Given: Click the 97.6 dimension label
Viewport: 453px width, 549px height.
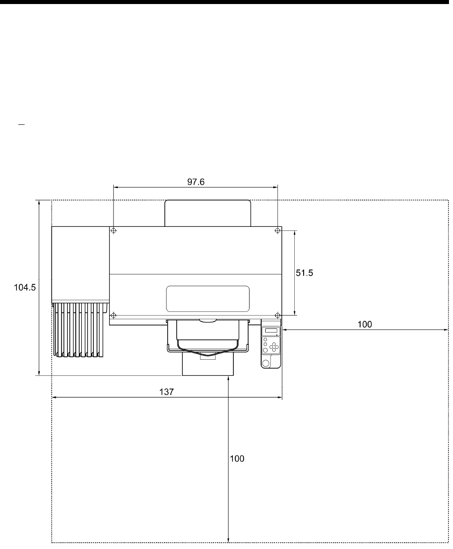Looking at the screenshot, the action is pyautogui.click(x=196, y=182).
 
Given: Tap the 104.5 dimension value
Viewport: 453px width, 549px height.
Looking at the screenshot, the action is pyautogui.click(x=25, y=288).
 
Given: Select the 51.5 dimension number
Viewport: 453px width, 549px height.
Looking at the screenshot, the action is pyautogui.click(x=304, y=273).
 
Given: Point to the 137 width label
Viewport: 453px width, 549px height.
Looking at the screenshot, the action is pyautogui.click(x=167, y=392).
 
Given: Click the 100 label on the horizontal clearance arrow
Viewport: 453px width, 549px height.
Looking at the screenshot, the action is pyautogui.click(x=365, y=324).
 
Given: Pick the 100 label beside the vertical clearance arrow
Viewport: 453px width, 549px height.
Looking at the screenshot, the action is pyautogui.click(x=237, y=459).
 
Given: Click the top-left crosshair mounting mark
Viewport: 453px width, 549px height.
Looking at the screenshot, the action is pyautogui.click(x=114, y=231).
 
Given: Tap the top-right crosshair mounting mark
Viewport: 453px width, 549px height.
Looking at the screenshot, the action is pyautogui.click(x=277, y=231).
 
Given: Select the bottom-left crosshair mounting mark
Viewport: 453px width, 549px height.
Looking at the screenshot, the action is pyautogui.click(x=114, y=315).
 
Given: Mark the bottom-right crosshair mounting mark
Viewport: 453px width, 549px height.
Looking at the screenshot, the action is pyautogui.click(x=277, y=315).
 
